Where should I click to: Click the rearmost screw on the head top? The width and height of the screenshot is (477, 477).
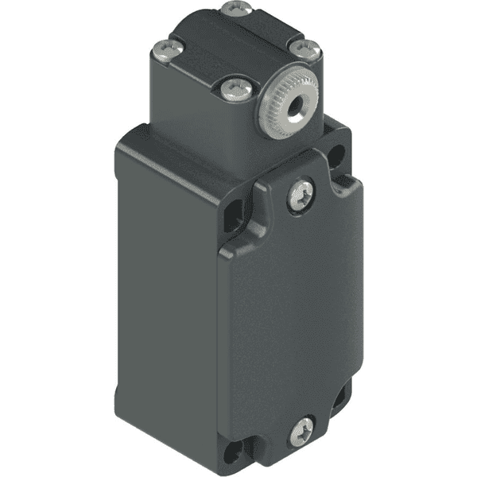click(236, 9)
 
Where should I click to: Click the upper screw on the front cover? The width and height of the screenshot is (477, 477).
click(301, 195)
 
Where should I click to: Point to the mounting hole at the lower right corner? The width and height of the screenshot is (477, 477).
click(340, 395)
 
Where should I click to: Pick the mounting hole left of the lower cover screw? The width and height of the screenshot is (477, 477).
click(234, 454)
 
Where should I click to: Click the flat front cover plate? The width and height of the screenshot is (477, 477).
click(294, 318)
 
